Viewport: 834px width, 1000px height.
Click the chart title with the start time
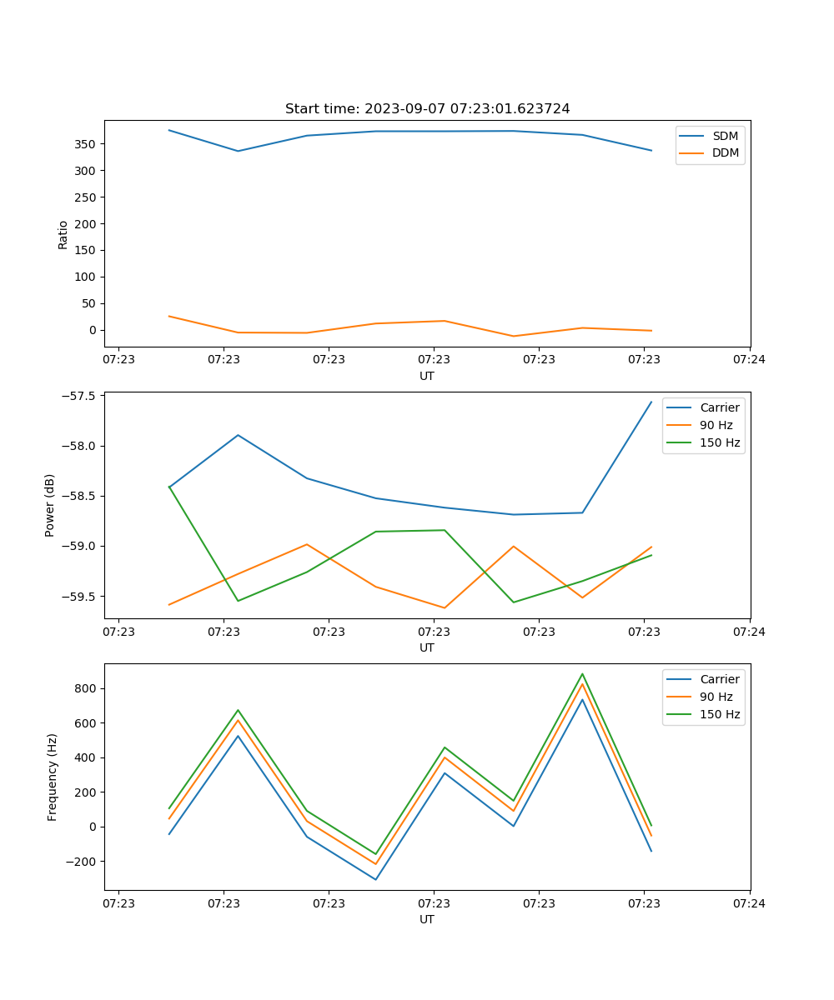(x=427, y=109)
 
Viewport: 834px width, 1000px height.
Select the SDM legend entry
(x=725, y=136)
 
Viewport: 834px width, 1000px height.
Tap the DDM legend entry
(x=725, y=153)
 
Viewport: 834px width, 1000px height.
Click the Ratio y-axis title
(x=63, y=235)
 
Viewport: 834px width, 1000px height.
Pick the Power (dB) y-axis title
(x=50, y=505)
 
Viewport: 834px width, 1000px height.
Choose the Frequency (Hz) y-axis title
(x=53, y=777)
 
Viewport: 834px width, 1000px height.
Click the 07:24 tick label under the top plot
(x=749, y=360)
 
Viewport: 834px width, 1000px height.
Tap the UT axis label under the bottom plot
(x=427, y=919)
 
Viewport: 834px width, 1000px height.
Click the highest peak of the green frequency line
(x=582, y=674)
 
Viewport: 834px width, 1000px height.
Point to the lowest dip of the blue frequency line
(x=376, y=879)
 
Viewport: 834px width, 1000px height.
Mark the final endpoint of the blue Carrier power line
(x=651, y=402)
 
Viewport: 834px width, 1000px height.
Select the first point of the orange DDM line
(x=169, y=317)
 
